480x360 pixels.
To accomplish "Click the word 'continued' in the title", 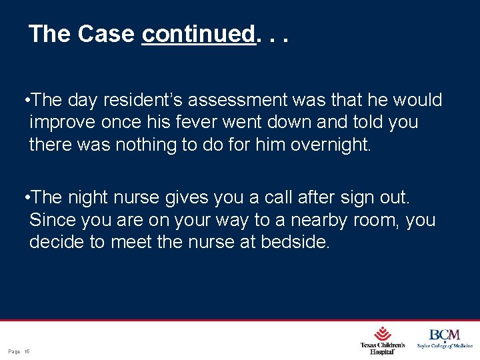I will [199, 34].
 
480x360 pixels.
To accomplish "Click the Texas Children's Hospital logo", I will [382, 339].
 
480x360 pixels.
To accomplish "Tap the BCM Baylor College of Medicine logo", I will [445, 338].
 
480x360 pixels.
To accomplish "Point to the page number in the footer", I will [19, 351].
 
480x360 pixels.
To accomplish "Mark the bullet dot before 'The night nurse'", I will [25, 198].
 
